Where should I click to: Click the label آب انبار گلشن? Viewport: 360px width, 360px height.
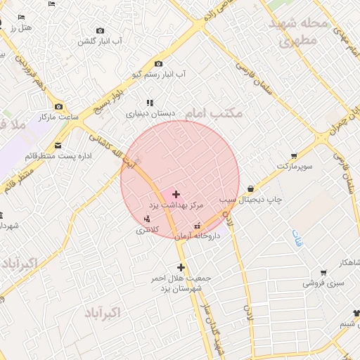click(x=100, y=41)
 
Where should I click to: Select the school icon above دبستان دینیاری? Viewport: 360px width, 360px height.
click(x=150, y=103)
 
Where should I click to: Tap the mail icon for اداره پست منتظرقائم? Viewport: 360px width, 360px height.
click(x=58, y=146)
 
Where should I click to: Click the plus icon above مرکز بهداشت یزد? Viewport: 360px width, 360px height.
click(x=176, y=193)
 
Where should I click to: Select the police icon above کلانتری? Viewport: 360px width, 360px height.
click(x=146, y=218)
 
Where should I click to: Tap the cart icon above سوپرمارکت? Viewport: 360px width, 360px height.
click(x=293, y=156)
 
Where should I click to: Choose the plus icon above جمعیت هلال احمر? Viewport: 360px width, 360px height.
click(x=181, y=267)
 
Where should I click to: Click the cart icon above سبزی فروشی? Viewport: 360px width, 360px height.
click(x=323, y=273)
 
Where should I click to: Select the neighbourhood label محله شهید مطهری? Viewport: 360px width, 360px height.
click(x=299, y=32)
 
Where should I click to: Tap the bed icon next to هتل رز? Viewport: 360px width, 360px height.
click(x=22, y=17)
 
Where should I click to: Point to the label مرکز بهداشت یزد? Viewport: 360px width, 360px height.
click(x=176, y=205)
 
